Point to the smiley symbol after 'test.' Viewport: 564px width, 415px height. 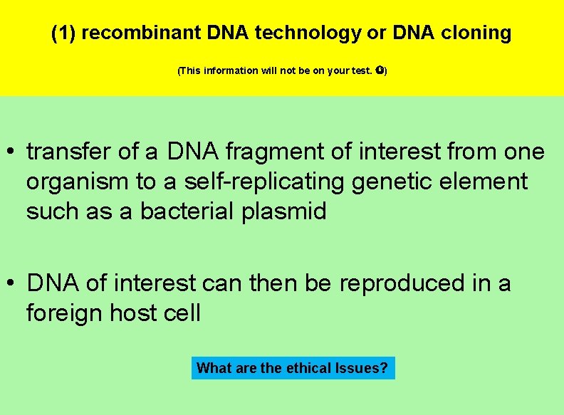(x=380, y=71)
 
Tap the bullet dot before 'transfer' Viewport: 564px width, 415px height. (x=13, y=152)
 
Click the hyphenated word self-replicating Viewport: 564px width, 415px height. (x=263, y=182)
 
